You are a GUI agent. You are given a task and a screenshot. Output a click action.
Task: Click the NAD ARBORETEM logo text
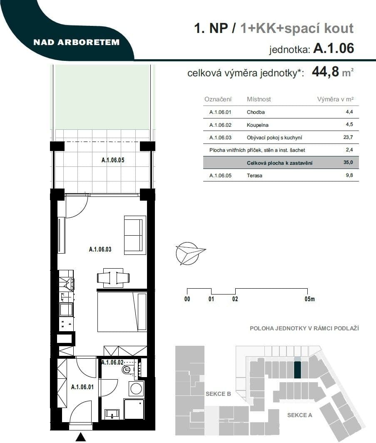(77, 42)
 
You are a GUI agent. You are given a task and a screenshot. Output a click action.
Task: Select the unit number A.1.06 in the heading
(334, 48)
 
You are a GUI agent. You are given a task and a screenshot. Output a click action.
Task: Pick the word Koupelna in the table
(257, 125)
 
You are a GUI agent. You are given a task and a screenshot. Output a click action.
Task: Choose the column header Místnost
(259, 99)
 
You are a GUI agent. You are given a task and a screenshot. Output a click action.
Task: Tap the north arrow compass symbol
(189, 253)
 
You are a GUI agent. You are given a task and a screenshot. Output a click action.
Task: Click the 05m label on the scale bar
(309, 299)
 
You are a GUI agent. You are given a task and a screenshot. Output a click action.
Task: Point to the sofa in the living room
(135, 235)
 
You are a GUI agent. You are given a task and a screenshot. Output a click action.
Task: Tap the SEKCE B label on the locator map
(218, 394)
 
